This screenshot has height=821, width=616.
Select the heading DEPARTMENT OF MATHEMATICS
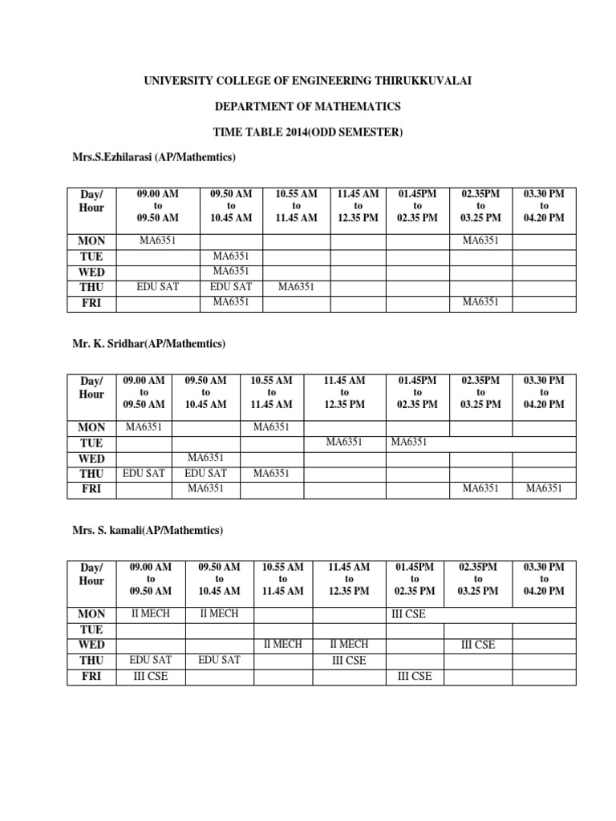[308, 106]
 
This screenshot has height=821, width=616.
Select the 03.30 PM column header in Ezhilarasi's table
[544, 206]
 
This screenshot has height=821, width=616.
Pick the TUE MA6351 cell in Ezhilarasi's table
[232, 256]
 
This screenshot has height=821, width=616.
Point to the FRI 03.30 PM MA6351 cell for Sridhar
[544, 488]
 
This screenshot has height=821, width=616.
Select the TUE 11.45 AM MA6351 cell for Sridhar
[344, 442]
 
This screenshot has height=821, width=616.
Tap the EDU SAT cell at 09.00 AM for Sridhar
[144, 473]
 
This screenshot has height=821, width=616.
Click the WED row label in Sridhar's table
[92, 458]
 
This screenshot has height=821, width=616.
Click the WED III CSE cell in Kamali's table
[478, 645]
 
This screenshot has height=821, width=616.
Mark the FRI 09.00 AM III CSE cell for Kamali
[152, 676]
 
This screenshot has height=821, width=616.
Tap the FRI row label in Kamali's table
[92, 676]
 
